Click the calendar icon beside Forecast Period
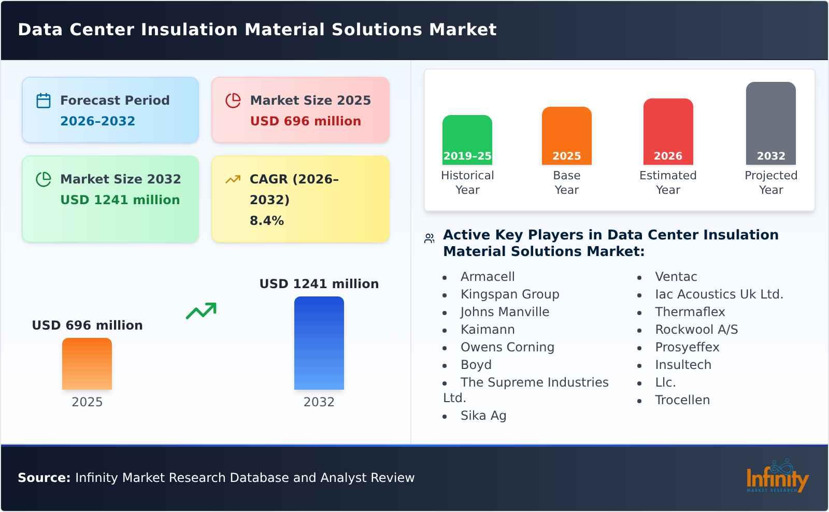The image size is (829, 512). (x=44, y=101)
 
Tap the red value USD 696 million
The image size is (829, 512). (x=305, y=121)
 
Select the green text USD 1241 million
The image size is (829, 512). (x=120, y=200)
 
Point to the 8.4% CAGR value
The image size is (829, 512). (x=266, y=221)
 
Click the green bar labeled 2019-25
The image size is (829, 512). (x=467, y=140)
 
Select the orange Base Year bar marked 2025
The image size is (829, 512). (x=566, y=136)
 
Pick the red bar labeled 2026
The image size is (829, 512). (x=668, y=132)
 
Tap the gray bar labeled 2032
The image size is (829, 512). (x=770, y=123)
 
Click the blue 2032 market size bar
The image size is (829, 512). (x=319, y=343)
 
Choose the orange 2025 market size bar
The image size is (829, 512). (x=87, y=364)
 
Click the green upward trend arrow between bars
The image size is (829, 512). (x=201, y=311)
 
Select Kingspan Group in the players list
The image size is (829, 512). (x=510, y=294)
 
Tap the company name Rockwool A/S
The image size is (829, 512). (x=696, y=330)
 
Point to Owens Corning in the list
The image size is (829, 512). (x=507, y=347)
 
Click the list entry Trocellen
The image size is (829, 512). (x=682, y=400)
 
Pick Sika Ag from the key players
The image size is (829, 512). (x=483, y=416)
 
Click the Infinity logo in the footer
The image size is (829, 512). (x=777, y=477)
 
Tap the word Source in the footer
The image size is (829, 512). (x=44, y=478)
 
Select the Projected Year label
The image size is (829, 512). (x=770, y=182)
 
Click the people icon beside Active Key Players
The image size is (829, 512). (x=429, y=238)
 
